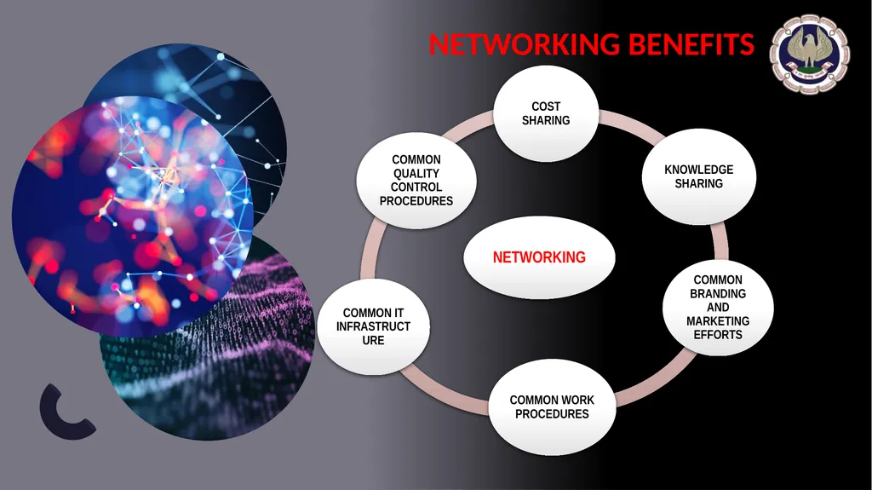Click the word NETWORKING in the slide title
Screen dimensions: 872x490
click(x=524, y=44)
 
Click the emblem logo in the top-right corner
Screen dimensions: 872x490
click(x=810, y=54)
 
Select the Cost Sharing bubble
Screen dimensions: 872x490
click(x=546, y=113)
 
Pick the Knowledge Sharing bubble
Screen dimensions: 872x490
click(x=699, y=176)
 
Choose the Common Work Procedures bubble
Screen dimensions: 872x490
click(x=552, y=407)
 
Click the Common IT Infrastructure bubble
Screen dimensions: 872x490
click(x=373, y=327)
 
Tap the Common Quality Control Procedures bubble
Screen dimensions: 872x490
click(x=416, y=181)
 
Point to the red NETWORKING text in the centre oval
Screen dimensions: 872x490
click(x=539, y=257)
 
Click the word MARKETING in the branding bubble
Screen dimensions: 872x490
click(x=718, y=321)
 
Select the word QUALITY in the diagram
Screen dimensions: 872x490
click(x=416, y=174)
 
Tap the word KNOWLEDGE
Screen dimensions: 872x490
click(x=699, y=170)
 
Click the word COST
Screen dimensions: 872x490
click(x=546, y=107)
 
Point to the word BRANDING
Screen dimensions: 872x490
click(x=718, y=293)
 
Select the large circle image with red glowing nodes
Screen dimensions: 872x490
click(x=132, y=216)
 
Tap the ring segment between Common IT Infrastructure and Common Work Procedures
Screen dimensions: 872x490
click(x=445, y=389)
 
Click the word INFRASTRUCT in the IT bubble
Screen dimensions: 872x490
click(x=373, y=327)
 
